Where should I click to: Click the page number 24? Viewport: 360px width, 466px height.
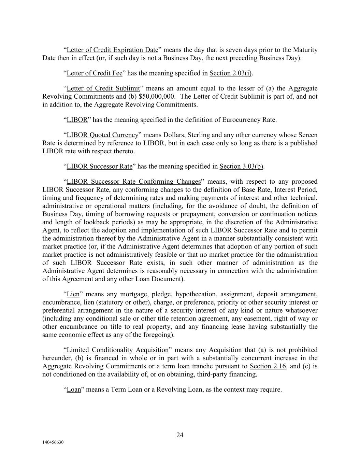pos(180,435)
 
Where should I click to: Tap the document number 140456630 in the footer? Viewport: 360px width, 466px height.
pos(53,442)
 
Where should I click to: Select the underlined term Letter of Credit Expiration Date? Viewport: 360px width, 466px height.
pos(112,50)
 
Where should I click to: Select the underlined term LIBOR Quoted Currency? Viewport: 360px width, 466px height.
pos(102,135)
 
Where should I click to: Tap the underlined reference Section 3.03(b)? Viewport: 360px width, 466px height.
pos(241,166)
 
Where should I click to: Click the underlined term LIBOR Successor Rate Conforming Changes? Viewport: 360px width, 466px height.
pos(133,181)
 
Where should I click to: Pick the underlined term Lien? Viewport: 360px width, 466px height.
pos(73,294)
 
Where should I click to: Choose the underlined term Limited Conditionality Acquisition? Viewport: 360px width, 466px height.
pos(116,350)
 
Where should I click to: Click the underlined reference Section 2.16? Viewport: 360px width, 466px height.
pos(268,366)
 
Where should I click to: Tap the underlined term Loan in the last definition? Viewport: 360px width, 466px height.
pos(74,390)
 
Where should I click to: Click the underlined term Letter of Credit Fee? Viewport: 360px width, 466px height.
pos(94,73)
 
